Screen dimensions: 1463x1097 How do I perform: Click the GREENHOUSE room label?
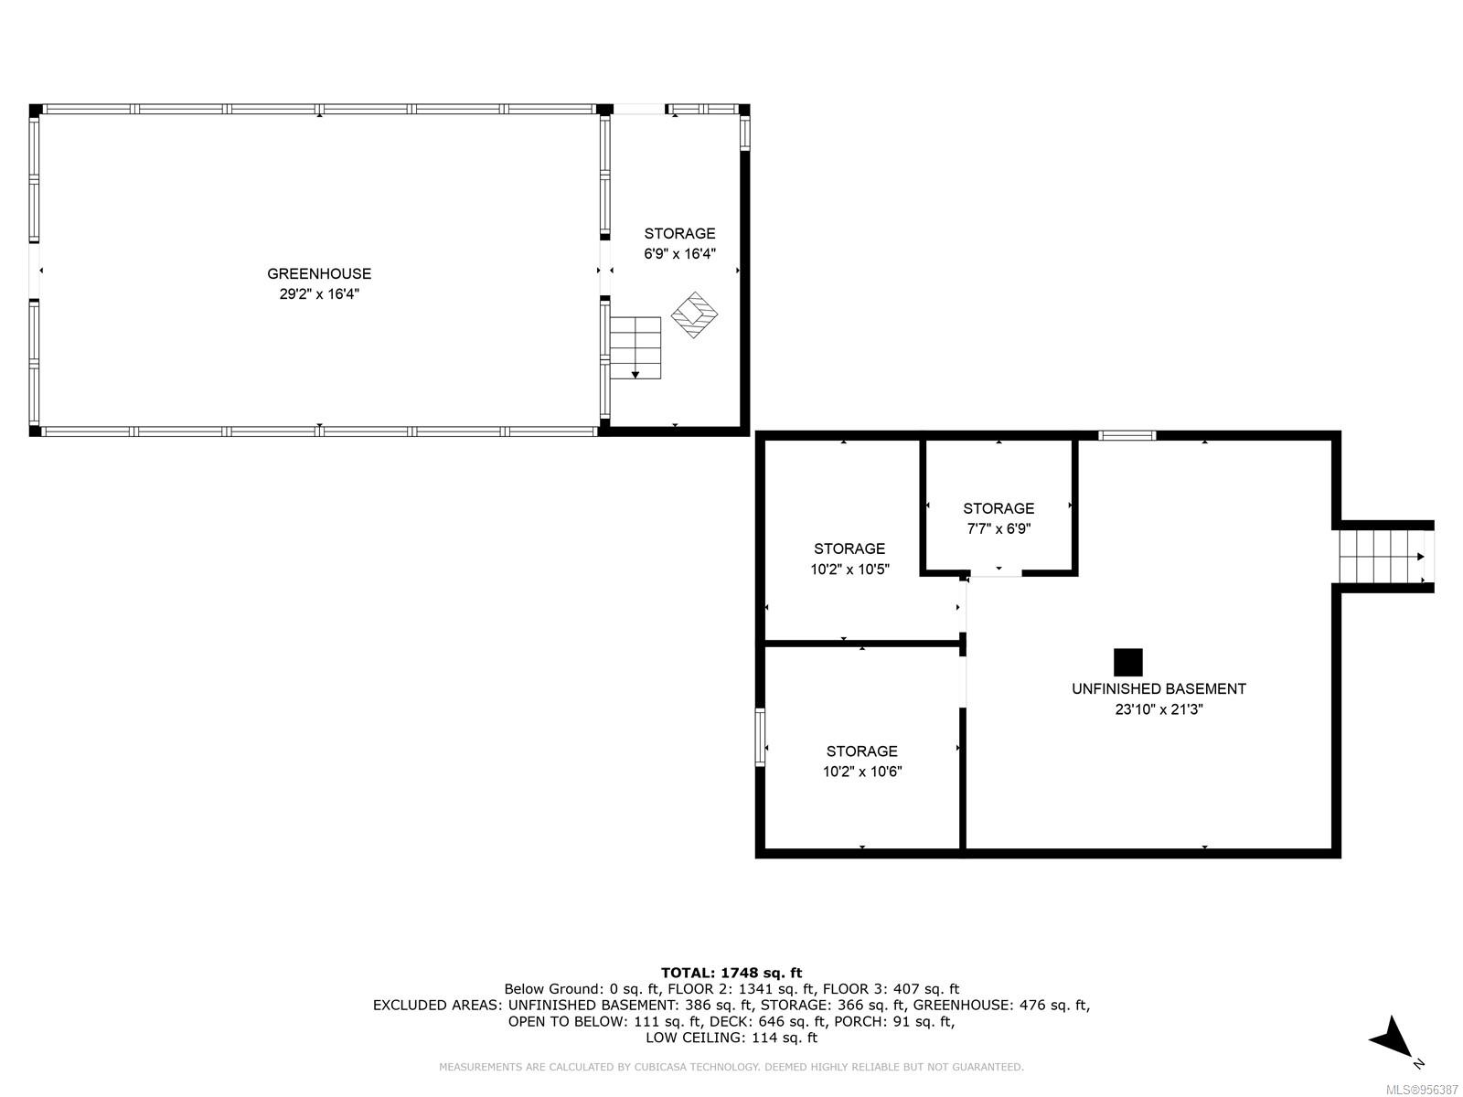[x=318, y=273]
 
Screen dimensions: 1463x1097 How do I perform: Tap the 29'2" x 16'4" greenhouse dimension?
[x=318, y=293]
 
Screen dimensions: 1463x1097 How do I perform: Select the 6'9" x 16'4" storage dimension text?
[x=679, y=254]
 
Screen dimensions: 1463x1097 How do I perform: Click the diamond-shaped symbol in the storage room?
[x=694, y=314]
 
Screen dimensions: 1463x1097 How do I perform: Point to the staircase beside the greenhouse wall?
[x=635, y=347]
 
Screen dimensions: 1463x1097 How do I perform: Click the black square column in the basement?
[x=1127, y=662]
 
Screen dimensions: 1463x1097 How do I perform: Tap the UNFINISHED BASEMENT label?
[x=1159, y=688]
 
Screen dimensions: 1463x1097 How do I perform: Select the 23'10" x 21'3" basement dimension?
[x=1159, y=709]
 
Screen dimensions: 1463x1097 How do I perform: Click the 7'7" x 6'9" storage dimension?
[x=998, y=529]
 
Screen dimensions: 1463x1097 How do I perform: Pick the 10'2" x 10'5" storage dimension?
[x=849, y=569]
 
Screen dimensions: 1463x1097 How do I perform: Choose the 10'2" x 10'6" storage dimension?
[x=862, y=772]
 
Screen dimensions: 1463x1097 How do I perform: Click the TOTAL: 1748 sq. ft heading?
[x=731, y=973]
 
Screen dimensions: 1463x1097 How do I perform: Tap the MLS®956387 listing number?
[x=1423, y=1091]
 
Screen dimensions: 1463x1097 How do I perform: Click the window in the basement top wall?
[x=1127, y=436]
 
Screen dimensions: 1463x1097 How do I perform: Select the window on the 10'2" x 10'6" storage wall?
[x=759, y=737]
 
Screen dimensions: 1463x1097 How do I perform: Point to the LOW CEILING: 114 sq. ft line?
[x=731, y=1037]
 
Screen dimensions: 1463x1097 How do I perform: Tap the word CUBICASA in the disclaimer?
[x=663, y=1066]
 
